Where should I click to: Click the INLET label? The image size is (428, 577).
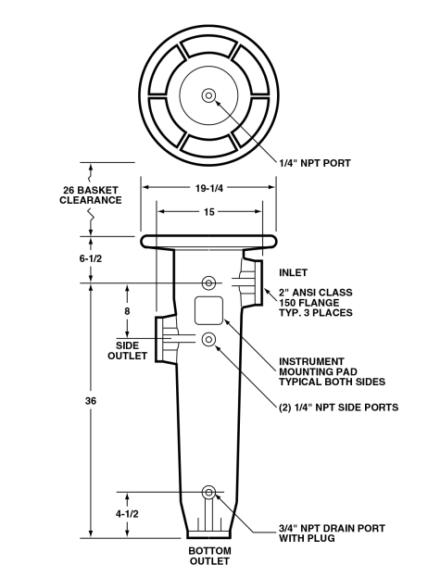(294, 273)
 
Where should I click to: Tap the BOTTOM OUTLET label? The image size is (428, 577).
(209, 556)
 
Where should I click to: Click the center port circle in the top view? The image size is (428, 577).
(208, 94)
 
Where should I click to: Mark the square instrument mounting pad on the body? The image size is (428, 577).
(208, 309)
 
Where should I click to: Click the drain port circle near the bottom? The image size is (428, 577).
(208, 491)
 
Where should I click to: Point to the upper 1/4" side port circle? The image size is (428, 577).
(208, 282)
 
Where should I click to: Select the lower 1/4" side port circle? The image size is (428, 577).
(208, 339)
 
